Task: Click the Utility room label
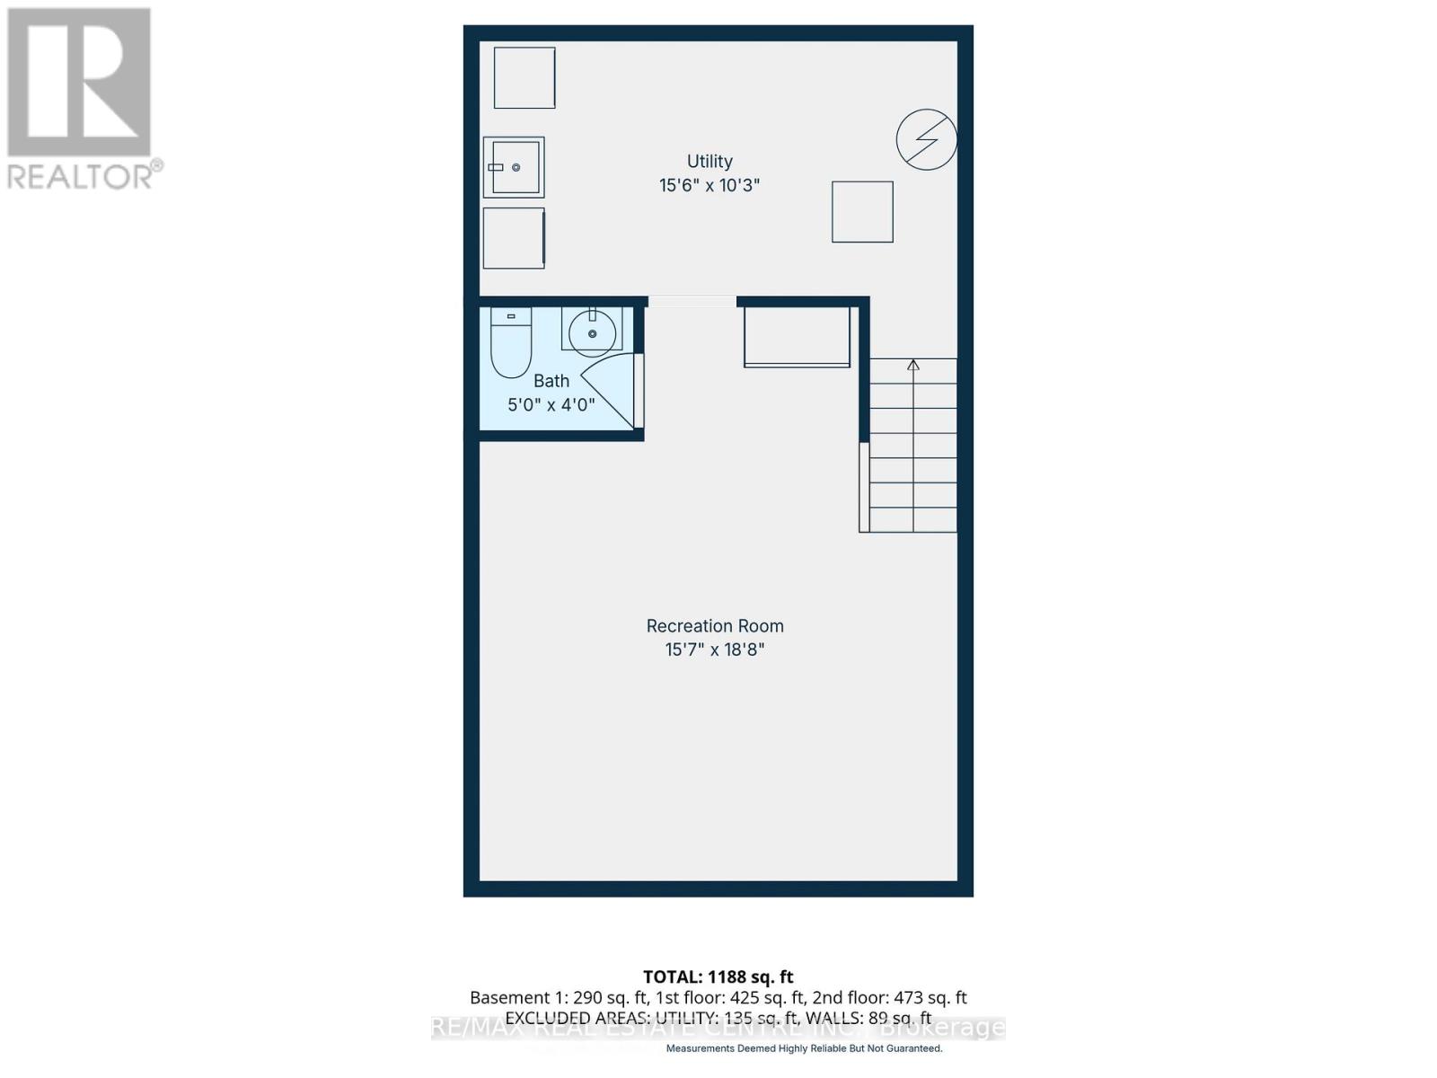tap(710, 162)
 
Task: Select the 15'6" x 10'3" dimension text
tap(710, 186)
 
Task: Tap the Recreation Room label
tap(715, 626)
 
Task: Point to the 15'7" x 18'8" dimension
tap(715, 649)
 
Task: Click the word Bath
tap(551, 381)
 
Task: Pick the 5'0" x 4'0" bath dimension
tap(551, 405)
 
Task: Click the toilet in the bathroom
tap(511, 343)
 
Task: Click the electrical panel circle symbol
tap(926, 140)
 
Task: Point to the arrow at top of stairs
tap(913, 365)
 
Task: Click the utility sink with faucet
tap(514, 167)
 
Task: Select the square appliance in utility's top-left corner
tap(525, 78)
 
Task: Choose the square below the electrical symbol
tap(862, 212)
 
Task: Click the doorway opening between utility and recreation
tap(692, 302)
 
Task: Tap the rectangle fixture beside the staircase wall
tap(797, 337)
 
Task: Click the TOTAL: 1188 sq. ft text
tap(718, 976)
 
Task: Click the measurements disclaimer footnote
tap(804, 1048)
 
